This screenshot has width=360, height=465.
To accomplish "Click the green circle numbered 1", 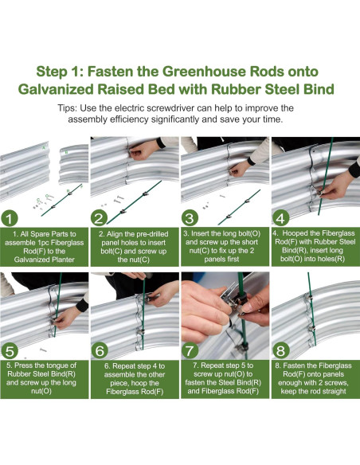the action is (10, 218).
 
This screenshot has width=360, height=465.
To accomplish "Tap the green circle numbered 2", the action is (99, 218).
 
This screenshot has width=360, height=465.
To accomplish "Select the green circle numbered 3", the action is (190, 218).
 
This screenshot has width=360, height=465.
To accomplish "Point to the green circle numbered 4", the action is (280, 218).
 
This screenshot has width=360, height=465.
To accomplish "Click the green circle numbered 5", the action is (10, 351).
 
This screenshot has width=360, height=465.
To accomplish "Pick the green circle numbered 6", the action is (100, 351).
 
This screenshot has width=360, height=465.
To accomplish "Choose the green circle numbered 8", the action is (280, 351).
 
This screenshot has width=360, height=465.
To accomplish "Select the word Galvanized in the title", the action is (56, 89).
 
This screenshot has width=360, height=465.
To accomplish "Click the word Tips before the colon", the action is (67, 108).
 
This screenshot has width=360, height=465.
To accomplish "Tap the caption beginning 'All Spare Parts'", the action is (45, 247).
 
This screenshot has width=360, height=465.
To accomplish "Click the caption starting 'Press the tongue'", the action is (41, 378).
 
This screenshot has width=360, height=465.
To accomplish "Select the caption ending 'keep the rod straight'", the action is (314, 378).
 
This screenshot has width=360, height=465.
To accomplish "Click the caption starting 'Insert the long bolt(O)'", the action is (221, 247).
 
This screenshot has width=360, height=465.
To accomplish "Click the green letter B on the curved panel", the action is (66, 152).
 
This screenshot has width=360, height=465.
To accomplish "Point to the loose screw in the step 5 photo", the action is (43, 350).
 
